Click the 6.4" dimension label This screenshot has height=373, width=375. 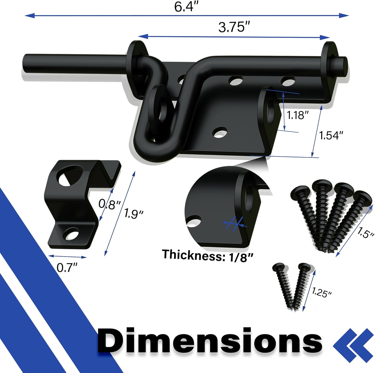(184, 7)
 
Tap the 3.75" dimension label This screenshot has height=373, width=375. (234, 27)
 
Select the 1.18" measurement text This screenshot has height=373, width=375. (297, 115)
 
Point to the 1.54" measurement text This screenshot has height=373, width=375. (331, 135)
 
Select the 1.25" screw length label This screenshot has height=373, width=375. (321, 292)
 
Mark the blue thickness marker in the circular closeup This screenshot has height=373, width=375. (233, 223)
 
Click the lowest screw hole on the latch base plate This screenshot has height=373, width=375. (220, 133)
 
